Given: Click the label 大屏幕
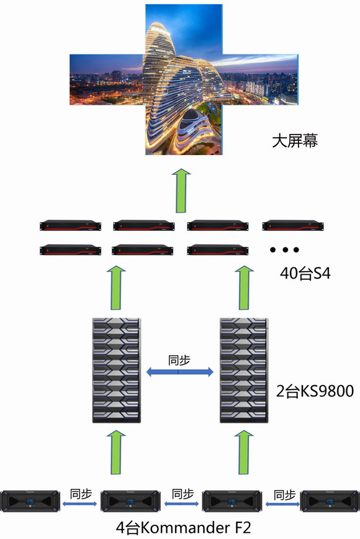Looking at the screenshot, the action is pyautogui.click(x=295, y=141).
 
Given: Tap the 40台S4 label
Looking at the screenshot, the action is pyautogui.click(x=305, y=274).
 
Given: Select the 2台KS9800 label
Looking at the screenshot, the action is pyautogui.click(x=315, y=391).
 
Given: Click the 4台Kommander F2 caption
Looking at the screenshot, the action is pyautogui.click(x=183, y=527).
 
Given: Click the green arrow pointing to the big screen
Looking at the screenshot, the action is pyautogui.click(x=181, y=190).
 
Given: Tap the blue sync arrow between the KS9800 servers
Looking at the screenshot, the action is pyautogui.click(x=179, y=372).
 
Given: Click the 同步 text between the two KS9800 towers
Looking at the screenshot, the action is pyautogui.click(x=179, y=360).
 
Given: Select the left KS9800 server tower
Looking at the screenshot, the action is pyautogui.click(x=117, y=370).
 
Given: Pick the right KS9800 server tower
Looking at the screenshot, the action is pyautogui.click(x=244, y=370).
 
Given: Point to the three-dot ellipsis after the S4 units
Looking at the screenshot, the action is pyautogui.click(x=284, y=249).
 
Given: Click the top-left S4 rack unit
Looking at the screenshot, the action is pyautogui.click(x=71, y=226).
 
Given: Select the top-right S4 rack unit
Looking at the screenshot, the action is pyautogui.click(x=294, y=226).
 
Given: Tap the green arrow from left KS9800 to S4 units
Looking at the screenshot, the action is pyautogui.click(x=116, y=288).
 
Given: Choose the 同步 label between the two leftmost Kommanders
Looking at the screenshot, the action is pyautogui.click(x=81, y=494).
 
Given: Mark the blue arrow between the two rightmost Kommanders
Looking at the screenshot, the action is pyautogui.click(x=282, y=504).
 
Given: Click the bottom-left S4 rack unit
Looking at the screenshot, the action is pyautogui.click(x=71, y=250).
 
